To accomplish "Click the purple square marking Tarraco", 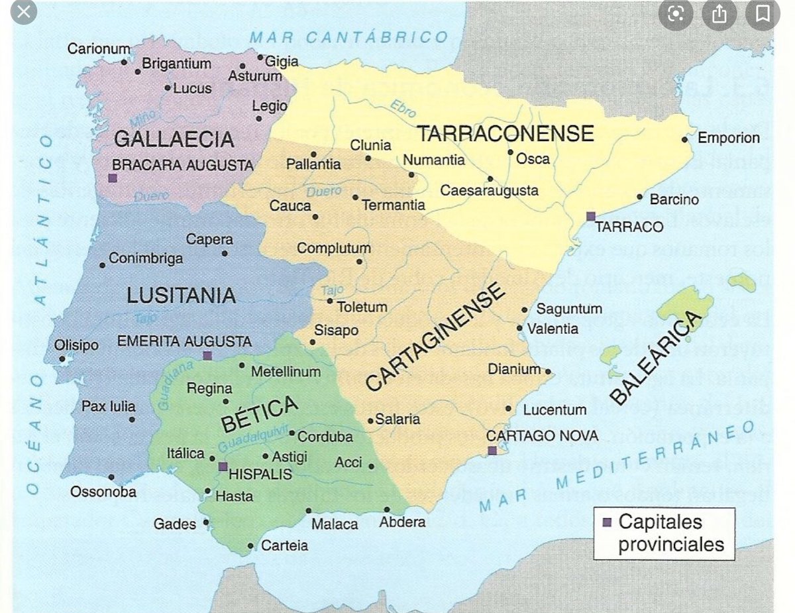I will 590,216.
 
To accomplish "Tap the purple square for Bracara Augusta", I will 113,178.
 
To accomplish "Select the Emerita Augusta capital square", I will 207,355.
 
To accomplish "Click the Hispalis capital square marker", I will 223,467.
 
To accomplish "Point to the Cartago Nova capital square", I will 492,451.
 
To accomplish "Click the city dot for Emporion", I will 685,139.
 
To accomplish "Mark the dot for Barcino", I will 640,197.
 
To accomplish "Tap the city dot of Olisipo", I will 62,359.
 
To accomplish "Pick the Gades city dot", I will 206,522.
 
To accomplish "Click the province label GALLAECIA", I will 174,139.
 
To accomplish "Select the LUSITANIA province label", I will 181,295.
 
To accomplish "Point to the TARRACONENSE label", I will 505,133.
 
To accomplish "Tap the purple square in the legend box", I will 606,522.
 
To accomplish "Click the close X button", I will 25,12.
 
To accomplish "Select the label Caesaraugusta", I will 490,191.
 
